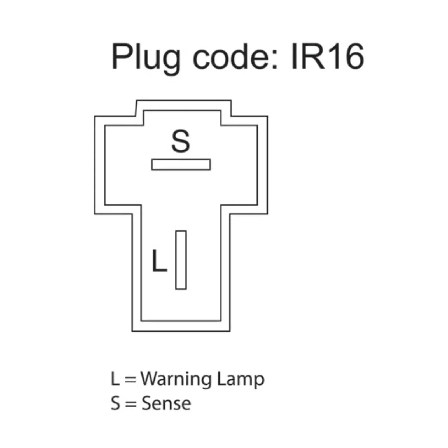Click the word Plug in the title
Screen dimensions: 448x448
pos(146,57)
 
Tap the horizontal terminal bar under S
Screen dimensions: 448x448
pos(181,165)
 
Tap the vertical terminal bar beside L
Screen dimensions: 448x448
pos(181,260)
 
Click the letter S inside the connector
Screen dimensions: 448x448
pos(181,141)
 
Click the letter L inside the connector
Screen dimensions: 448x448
pos(159,261)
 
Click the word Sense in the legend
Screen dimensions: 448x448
pos(166,403)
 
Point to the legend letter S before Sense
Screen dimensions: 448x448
pos(115,403)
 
